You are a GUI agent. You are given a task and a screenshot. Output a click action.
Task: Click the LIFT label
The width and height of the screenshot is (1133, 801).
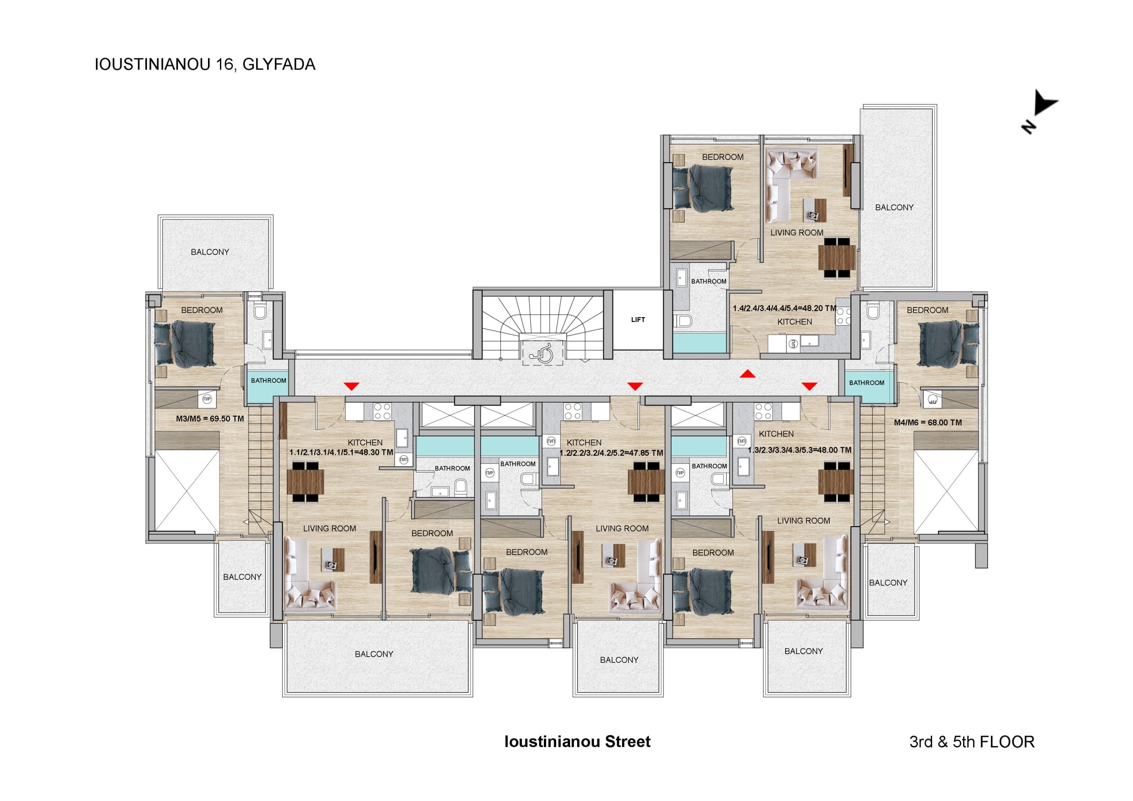click(x=638, y=320)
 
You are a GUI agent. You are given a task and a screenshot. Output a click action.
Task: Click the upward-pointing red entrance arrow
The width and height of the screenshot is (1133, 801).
click(x=748, y=374)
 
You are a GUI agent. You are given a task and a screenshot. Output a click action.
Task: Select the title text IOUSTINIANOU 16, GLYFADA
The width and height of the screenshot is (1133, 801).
click(x=205, y=65)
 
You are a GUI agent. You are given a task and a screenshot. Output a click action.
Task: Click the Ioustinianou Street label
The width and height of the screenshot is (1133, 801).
click(x=578, y=742)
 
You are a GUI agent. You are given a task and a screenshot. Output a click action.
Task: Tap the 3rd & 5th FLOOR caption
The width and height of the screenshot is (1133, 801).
click(x=971, y=742)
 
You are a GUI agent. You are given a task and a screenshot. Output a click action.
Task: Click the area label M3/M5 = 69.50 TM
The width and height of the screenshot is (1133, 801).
click(x=210, y=419)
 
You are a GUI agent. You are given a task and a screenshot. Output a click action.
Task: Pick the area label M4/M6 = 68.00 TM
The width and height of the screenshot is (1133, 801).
click(x=928, y=423)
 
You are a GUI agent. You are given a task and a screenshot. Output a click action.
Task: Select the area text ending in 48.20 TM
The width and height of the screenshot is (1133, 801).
click(x=785, y=308)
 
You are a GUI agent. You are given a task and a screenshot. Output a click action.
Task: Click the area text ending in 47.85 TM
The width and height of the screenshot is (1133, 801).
click(x=611, y=453)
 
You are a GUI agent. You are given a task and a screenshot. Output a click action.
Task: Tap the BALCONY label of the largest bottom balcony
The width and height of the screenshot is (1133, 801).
click(x=374, y=654)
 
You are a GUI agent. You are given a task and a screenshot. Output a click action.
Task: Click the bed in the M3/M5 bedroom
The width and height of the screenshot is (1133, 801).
click(x=185, y=344)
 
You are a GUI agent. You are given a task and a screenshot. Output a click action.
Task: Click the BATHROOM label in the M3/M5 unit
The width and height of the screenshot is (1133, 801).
click(x=269, y=381)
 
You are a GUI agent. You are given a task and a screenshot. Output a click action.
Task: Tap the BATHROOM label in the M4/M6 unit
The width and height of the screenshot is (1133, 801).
click(x=867, y=383)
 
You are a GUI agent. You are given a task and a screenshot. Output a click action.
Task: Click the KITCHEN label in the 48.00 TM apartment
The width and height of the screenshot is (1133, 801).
click(x=776, y=434)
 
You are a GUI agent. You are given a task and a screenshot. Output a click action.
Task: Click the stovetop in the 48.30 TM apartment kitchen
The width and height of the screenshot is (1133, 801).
click(x=382, y=412)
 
